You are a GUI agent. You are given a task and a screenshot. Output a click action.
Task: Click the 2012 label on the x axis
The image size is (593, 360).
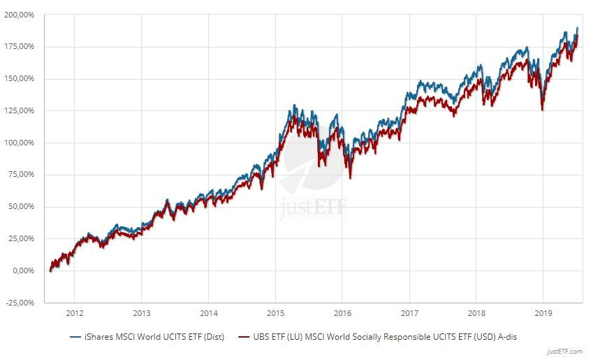click(x=75, y=313)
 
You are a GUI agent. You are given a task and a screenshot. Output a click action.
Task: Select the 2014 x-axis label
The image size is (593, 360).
click(x=209, y=313)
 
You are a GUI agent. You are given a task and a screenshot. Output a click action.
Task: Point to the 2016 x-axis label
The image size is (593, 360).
click(x=342, y=313)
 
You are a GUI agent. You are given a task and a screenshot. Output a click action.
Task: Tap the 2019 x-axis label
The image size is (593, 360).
click(x=543, y=313)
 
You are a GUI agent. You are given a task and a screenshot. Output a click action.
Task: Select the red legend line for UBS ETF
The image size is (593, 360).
click(x=244, y=337)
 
